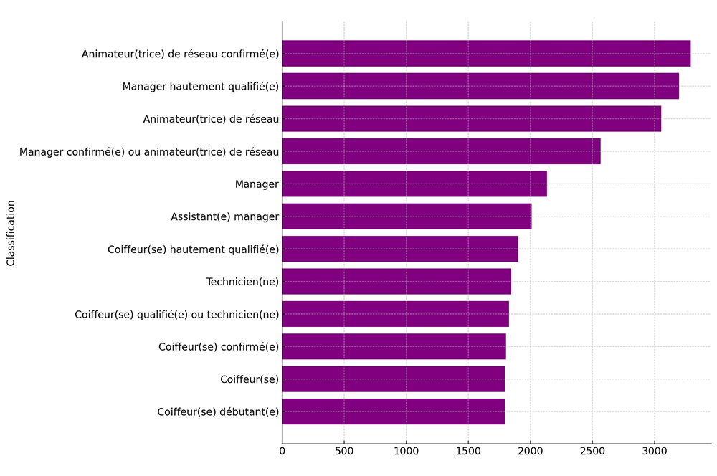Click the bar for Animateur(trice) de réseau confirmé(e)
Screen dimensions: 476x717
(x=486, y=54)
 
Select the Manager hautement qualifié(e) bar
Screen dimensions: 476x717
(x=480, y=86)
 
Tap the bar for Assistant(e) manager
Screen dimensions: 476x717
(x=407, y=216)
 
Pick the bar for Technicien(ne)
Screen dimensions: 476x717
(x=397, y=282)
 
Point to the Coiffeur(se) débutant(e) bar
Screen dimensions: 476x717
(x=393, y=411)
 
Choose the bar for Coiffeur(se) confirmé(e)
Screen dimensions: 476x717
(x=394, y=347)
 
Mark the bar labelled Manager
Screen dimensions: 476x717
(x=414, y=184)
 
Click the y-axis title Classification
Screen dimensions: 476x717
(x=11, y=233)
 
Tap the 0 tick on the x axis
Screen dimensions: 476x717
(x=282, y=451)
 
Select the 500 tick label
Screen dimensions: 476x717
(x=344, y=451)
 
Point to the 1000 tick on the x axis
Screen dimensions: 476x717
(x=406, y=451)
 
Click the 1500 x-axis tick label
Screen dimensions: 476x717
(x=468, y=451)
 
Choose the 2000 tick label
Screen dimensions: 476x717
(x=530, y=451)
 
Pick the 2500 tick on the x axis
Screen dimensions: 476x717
(x=592, y=451)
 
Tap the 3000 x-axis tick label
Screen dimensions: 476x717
(x=654, y=451)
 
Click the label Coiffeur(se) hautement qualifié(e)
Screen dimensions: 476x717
(x=193, y=249)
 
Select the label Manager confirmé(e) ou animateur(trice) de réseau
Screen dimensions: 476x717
(x=149, y=152)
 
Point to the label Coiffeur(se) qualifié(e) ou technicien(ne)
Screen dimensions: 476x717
(x=176, y=315)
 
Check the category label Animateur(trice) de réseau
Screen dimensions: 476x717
(x=211, y=119)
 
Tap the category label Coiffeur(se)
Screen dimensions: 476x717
(x=250, y=379)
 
